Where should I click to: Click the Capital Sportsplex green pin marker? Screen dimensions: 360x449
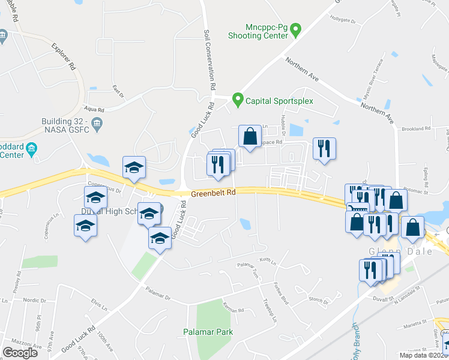click(x=238, y=100)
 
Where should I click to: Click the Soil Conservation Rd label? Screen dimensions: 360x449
click(x=209, y=60)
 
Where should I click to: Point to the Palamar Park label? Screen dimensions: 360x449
click(x=208, y=331)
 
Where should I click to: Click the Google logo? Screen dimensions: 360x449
click(x=20, y=352)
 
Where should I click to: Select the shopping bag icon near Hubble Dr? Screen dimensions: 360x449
click(x=250, y=136)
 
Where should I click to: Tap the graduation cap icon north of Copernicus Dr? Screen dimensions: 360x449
click(x=134, y=168)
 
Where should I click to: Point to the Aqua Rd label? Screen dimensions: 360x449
click(x=95, y=110)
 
